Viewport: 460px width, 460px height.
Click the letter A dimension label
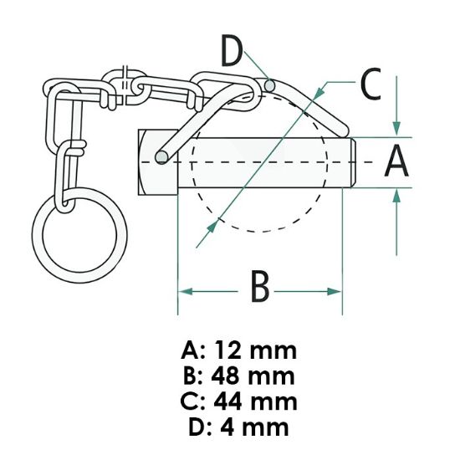coord(396,161)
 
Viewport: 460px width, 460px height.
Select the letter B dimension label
coord(260,289)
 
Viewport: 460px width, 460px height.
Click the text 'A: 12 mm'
coord(238,349)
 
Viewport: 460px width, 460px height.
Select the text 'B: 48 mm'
coord(238,375)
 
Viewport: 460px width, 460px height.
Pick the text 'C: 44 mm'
coord(238,401)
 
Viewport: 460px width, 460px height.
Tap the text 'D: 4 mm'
coord(238,427)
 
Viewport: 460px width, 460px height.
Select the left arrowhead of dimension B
coord(185,291)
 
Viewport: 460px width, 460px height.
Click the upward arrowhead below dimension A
coord(396,196)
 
